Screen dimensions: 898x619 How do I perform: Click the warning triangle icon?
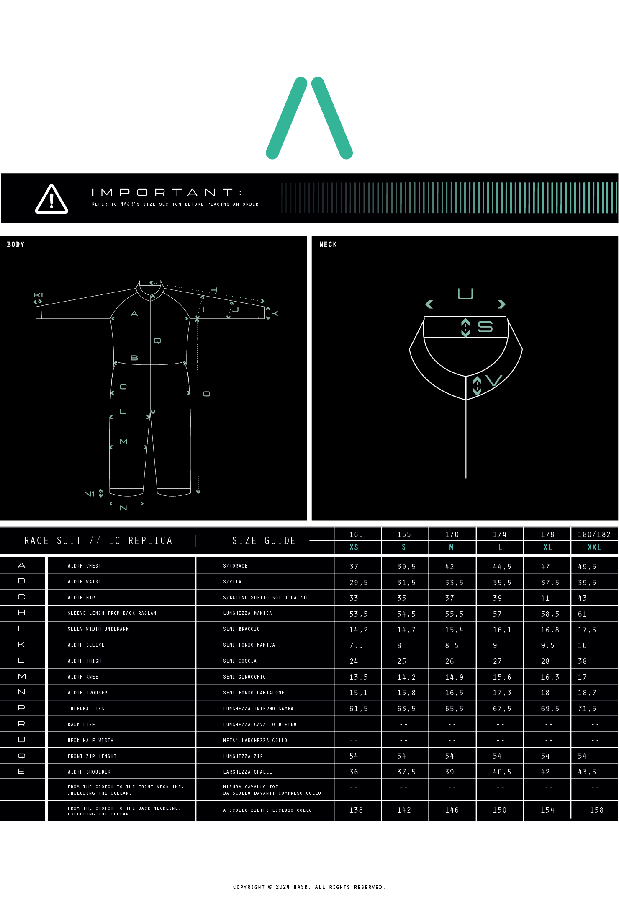[x=51, y=199]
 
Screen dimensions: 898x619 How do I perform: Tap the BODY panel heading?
[x=15, y=244]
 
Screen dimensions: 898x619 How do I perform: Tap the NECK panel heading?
[x=328, y=244]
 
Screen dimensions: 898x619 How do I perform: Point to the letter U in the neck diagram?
[x=465, y=294]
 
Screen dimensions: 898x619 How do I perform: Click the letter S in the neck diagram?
[x=485, y=327]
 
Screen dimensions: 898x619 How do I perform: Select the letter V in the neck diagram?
[x=494, y=381]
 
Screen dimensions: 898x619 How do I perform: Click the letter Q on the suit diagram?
[x=157, y=341]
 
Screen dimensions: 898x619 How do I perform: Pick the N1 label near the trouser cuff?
[x=89, y=494]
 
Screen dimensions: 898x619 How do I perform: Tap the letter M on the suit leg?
[x=123, y=441]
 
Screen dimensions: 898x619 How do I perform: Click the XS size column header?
[x=354, y=547]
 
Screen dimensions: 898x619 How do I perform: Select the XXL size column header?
[x=594, y=547]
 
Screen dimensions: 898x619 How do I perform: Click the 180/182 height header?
[x=594, y=534]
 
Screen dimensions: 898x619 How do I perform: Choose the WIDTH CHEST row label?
[x=85, y=566]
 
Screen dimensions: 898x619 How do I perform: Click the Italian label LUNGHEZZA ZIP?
[x=243, y=756]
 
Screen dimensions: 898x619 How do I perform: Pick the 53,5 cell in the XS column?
[x=359, y=614]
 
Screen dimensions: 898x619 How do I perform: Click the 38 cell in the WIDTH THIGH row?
[x=583, y=661]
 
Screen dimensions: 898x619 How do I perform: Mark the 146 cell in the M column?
[x=452, y=810]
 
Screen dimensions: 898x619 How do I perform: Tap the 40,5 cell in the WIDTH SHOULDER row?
[x=502, y=772]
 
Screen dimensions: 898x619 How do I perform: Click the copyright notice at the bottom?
[x=309, y=887]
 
